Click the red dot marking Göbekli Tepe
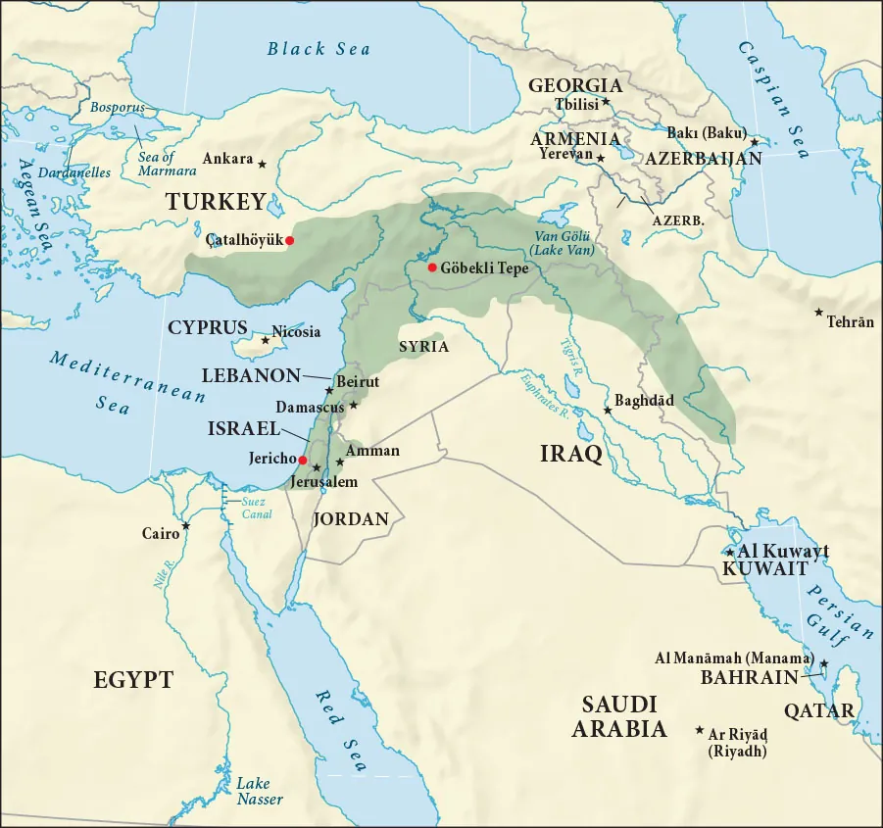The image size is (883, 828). point(432,268)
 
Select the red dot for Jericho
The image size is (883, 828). point(303,460)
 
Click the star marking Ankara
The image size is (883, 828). point(263,161)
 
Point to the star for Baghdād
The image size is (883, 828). point(608,410)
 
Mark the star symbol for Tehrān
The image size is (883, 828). point(818,313)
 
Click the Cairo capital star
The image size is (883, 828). point(186,526)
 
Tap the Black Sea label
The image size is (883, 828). point(319,48)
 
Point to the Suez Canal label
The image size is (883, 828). point(257,508)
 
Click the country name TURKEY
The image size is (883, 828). point(216,202)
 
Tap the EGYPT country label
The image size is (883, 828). point(133,680)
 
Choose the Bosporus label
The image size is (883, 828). point(118,107)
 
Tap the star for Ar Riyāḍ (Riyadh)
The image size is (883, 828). point(699,731)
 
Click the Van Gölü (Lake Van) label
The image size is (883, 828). point(562,244)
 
